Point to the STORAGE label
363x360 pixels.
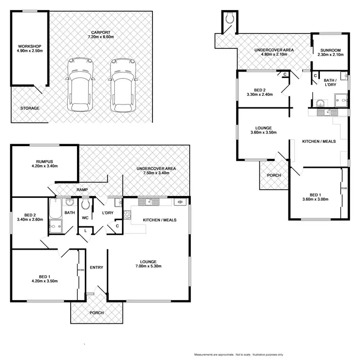[30, 108]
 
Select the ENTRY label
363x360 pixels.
[96, 268]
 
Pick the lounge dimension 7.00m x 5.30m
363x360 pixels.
[148, 266]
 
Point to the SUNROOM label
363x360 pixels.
[326, 52]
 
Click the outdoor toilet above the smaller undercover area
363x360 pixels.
[229, 18]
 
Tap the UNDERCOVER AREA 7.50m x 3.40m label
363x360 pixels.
[156, 171]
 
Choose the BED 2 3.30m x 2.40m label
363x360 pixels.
[260, 92]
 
